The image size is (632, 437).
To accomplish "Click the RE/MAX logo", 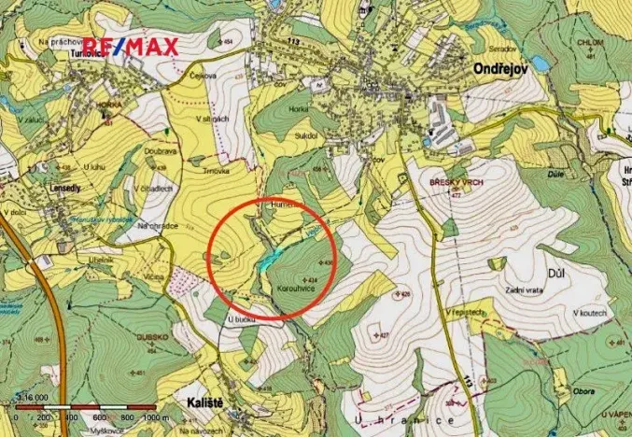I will [132, 46].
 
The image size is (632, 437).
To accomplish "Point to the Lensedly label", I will [58, 186].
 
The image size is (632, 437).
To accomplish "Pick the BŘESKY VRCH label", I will [453, 182].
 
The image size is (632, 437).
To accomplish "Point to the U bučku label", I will [241, 320].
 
